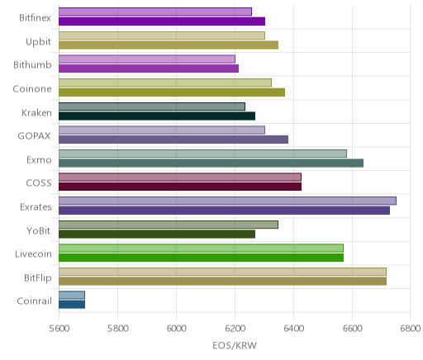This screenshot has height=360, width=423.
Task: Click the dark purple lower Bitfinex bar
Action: point(162,21)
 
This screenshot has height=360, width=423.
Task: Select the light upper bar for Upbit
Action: point(162,36)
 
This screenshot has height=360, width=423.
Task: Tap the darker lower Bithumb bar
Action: point(149,69)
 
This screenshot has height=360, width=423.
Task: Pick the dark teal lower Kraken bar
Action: point(157,116)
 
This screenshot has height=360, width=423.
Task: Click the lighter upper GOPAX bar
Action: point(162,130)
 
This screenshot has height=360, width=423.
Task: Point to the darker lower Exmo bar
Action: point(211,163)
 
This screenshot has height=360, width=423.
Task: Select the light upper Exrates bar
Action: point(227,201)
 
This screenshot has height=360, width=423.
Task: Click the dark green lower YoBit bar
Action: point(157,234)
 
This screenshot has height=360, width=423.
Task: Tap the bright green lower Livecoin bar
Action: point(201,258)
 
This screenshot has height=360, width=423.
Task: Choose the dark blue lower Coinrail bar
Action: point(72,305)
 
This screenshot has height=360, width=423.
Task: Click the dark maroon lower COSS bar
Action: point(180,187)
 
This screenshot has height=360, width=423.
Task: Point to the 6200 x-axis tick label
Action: point(235,329)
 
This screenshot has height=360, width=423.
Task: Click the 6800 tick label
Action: point(411,329)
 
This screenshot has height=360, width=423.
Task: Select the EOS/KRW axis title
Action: point(235,345)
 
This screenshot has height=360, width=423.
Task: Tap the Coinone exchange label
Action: point(32,89)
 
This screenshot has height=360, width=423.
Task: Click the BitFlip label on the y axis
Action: point(38,278)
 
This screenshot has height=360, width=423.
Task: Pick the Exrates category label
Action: point(36,207)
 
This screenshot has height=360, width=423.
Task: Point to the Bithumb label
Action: point(32,65)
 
